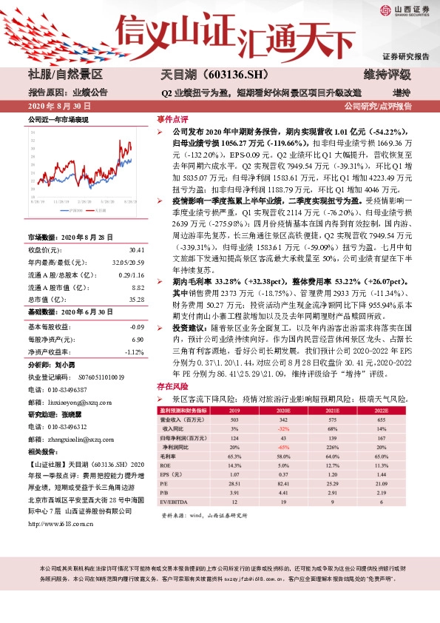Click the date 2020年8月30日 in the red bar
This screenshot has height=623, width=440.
[59, 107]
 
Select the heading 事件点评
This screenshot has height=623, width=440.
[172, 119]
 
